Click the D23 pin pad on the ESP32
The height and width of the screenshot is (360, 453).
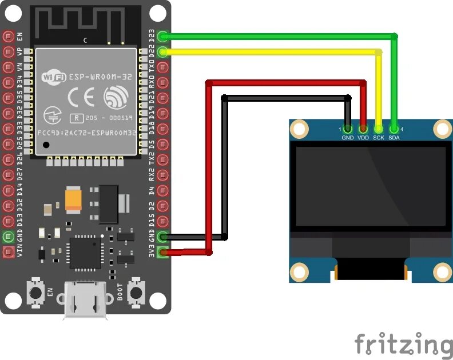[x=163, y=37]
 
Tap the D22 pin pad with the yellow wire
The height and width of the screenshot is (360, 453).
[x=163, y=52]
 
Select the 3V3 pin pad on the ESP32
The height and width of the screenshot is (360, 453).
[x=163, y=252]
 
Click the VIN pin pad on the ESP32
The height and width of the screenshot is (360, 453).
[x=9, y=252]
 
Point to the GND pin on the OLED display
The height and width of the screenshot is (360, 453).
[x=348, y=129]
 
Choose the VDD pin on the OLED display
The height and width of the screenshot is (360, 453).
[x=363, y=129]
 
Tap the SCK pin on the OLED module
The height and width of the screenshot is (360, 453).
[x=379, y=129]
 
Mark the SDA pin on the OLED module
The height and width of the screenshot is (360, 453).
[x=394, y=129]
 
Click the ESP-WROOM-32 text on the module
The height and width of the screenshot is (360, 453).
[x=97, y=75]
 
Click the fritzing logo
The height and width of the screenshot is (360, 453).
[x=403, y=344]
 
